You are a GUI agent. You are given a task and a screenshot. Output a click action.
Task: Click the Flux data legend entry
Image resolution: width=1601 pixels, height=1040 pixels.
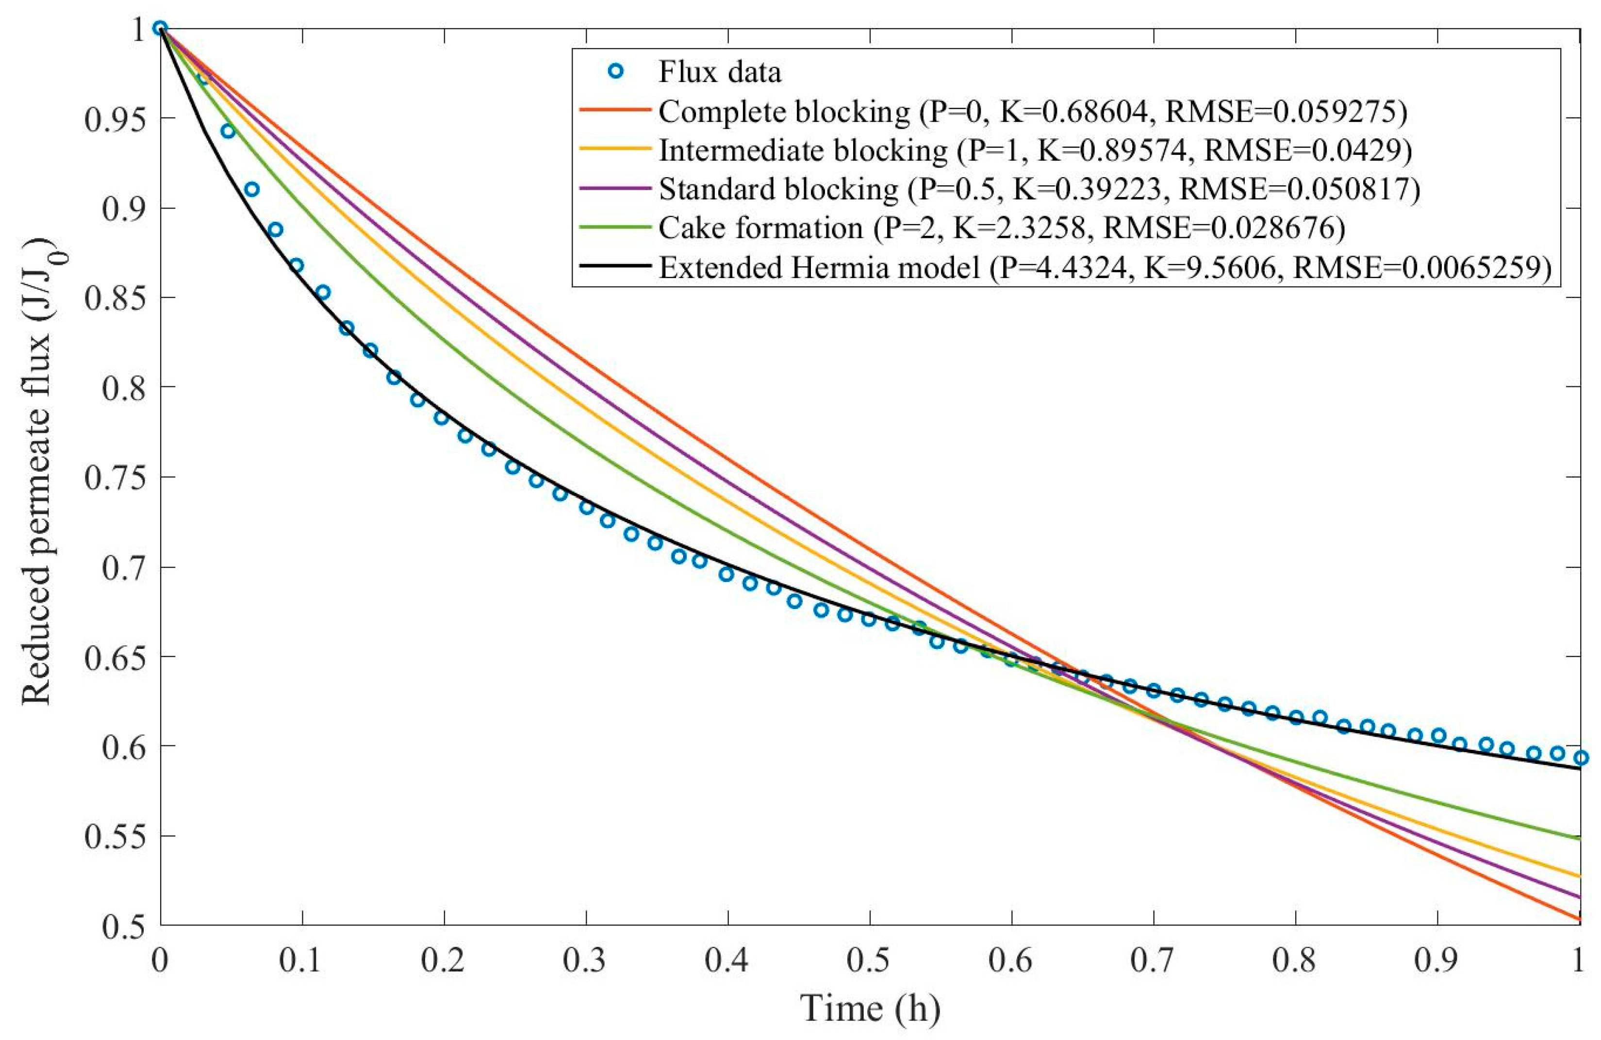pos(719,72)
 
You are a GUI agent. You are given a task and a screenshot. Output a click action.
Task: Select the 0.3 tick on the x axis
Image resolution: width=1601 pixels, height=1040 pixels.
pos(585,960)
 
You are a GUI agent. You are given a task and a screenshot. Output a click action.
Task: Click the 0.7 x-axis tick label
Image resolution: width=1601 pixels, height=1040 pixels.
pos(1153,960)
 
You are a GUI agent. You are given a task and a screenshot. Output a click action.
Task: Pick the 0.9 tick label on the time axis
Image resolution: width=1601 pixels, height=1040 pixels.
pos(1437,960)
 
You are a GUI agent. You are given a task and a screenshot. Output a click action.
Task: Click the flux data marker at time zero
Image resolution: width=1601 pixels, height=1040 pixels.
pos(160,28)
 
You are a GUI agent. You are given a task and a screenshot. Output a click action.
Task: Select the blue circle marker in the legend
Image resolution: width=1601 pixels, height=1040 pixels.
pos(613,72)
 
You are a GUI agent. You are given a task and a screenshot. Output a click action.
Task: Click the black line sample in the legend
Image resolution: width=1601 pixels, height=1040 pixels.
pos(613,267)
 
